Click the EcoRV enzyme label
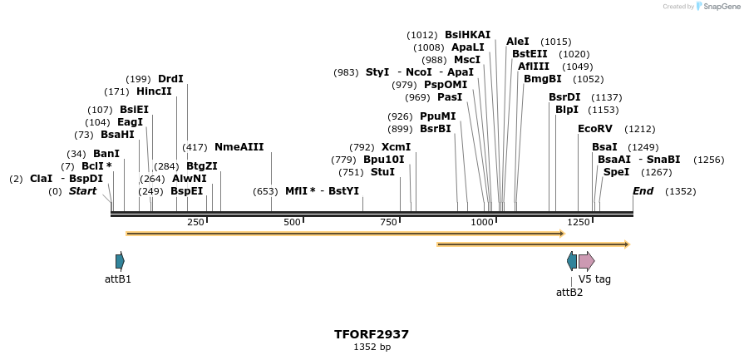595,129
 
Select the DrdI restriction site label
170,79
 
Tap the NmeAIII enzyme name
239,147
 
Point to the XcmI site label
396,147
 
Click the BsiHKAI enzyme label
468,35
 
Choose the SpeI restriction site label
616,172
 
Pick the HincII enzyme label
154,91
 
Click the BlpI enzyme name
567,110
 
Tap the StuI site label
382,172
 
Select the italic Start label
82,191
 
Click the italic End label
643,191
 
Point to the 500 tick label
292,222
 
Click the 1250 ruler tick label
579,222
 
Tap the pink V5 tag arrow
586,261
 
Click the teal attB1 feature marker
120,261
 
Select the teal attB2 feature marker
571,261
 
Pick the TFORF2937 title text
372,334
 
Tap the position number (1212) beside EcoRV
640,129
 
